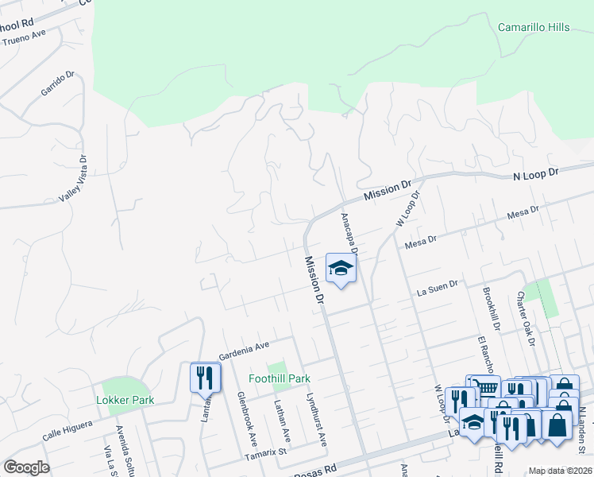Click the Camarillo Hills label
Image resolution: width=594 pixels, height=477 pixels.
533,27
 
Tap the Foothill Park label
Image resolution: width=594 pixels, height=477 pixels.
279,379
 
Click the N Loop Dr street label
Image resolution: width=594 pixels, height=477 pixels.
536,172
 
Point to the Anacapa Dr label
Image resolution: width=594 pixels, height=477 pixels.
350,233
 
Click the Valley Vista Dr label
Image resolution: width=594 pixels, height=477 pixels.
82,188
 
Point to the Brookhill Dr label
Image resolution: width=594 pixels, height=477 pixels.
489,309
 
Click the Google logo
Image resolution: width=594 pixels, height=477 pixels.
26,467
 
